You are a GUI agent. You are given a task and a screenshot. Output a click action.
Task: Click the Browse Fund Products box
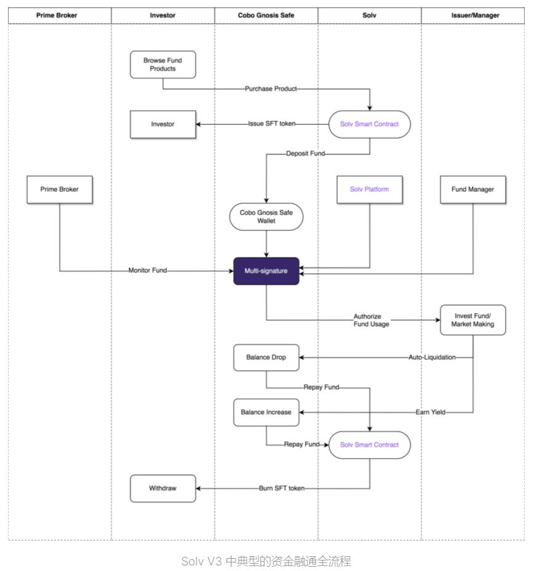pyautogui.click(x=163, y=65)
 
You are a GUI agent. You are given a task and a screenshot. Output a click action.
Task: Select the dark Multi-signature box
pyautogui.click(x=266, y=271)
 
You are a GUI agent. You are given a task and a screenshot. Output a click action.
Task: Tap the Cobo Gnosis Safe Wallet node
pyautogui.click(x=266, y=217)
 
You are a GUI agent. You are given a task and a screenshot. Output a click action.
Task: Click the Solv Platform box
pyautogui.click(x=369, y=189)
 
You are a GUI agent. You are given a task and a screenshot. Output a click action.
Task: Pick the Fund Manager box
pyautogui.click(x=472, y=189)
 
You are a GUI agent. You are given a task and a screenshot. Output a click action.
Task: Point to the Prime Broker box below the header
pyautogui.click(x=60, y=189)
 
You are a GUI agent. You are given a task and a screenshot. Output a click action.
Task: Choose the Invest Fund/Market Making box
pyautogui.click(x=472, y=320)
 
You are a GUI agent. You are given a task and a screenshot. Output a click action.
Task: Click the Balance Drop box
pyautogui.click(x=266, y=357)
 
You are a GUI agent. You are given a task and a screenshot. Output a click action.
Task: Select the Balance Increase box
pyautogui.click(x=266, y=412)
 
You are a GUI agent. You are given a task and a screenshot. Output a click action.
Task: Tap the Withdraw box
pyautogui.click(x=163, y=488)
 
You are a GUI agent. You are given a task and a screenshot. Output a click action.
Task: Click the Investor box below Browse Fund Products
pyautogui.click(x=163, y=124)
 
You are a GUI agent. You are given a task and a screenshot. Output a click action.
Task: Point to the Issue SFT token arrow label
pyautogui.click(x=271, y=124)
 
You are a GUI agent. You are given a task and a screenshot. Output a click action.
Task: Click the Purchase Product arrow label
pyautogui.click(x=271, y=89)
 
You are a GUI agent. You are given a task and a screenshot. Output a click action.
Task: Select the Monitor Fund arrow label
pyautogui.click(x=147, y=270)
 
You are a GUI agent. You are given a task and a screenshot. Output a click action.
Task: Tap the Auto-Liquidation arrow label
pyautogui.click(x=432, y=357)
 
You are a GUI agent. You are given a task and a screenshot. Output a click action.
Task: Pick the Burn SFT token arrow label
pyautogui.click(x=281, y=488)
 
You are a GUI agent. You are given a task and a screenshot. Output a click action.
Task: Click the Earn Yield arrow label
pyautogui.click(x=430, y=412)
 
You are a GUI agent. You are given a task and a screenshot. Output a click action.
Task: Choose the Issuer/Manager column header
pyautogui.click(x=472, y=15)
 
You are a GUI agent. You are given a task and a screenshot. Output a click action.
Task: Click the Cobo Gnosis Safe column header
pyautogui.click(x=266, y=15)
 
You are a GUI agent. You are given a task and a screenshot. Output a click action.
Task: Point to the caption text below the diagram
pyautogui.click(x=266, y=561)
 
